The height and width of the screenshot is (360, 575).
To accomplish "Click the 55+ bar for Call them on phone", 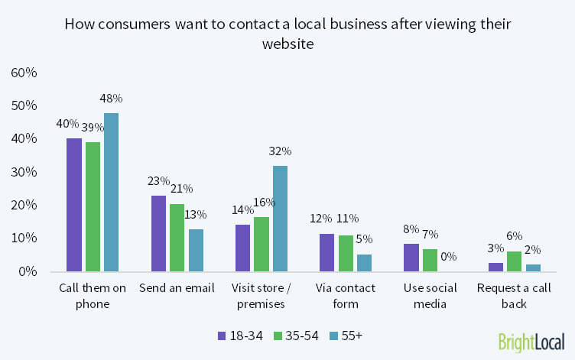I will tap(112, 192).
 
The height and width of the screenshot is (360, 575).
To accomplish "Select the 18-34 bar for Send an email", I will tap(159, 233).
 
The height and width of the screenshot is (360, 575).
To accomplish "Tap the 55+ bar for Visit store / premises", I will tap(281, 219).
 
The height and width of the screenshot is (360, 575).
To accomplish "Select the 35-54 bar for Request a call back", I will tap(515, 261).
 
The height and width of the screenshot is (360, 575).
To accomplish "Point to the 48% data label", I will tap(112, 98).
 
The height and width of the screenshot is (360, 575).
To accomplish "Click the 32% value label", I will tap(281, 151).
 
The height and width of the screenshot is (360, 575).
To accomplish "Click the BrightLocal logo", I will tap(531, 341).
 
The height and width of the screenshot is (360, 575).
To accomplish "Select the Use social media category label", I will tap(431, 295).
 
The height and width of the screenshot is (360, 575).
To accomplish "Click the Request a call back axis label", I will tap(515, 295).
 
